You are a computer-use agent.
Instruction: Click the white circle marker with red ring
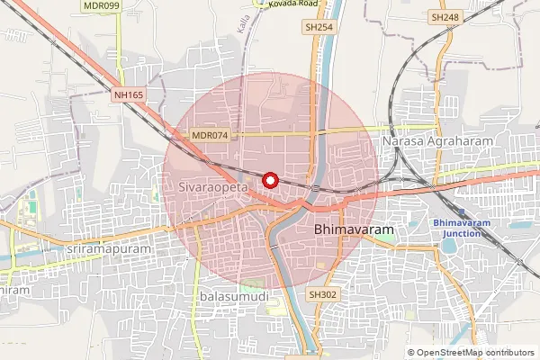point(269,179)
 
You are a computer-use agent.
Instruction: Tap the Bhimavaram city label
point(355,230)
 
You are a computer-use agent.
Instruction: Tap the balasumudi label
point(228,295)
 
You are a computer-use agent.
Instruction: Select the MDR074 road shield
point(211,135)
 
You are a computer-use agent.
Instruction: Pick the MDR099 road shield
point(101,5)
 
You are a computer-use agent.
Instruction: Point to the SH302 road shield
point(321,294)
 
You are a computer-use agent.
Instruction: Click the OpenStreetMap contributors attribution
point(475,353)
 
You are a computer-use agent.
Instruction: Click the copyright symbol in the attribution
point(411,353)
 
